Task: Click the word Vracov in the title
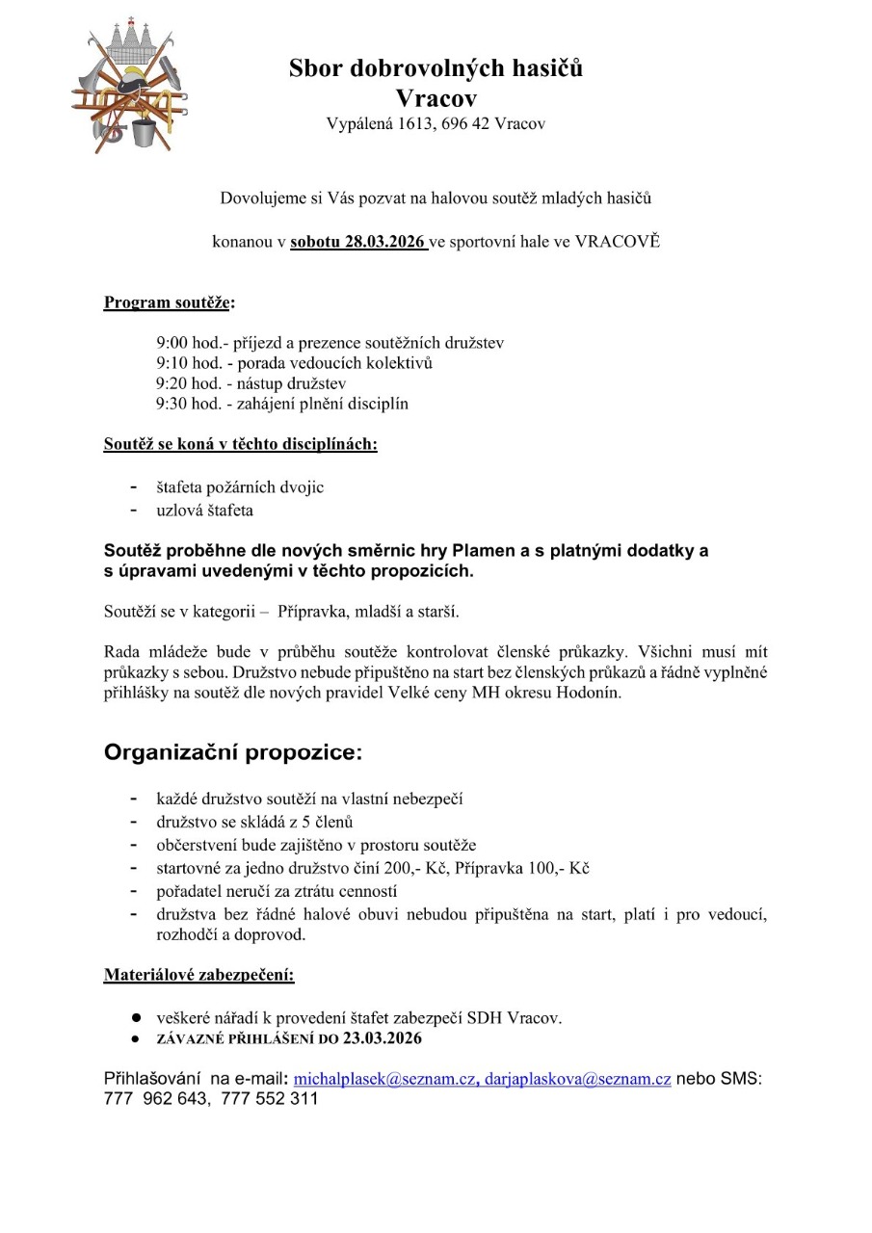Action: coord(436,98)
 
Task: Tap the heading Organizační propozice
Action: coord(233,752)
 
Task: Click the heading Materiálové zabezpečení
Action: coord(198,974)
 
